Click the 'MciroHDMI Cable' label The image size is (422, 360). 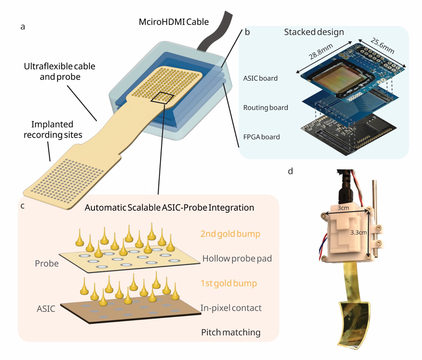pos(174,22)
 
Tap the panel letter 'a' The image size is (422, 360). pos(23,27)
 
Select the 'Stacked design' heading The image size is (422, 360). pos(314,32)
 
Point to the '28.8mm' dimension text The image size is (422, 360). pos(321,51)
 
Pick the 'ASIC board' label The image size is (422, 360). pos(260,78)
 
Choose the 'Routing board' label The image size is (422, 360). pos(265,108)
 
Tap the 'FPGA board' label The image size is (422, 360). pos(261,137)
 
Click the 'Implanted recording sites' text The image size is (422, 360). pos(53,129)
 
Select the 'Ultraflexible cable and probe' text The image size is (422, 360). pos(60,71)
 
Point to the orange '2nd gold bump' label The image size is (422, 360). pos(230,234)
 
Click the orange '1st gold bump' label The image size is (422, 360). pos(228,283)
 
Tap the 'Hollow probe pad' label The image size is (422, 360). pos(237,259)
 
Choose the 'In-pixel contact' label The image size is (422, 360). pos(231,308)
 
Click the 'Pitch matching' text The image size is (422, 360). pos(230,332)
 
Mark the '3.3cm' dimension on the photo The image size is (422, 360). pos(358,232)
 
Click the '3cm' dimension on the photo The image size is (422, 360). pos(343,208)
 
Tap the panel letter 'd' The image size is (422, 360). pos(290,171)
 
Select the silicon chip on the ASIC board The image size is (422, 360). pos(340,77)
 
